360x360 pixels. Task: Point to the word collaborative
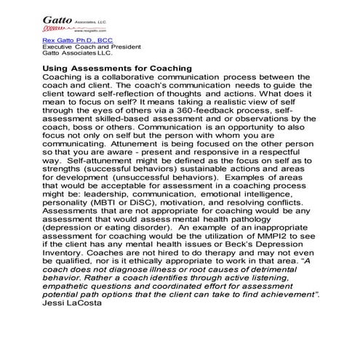137,77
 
